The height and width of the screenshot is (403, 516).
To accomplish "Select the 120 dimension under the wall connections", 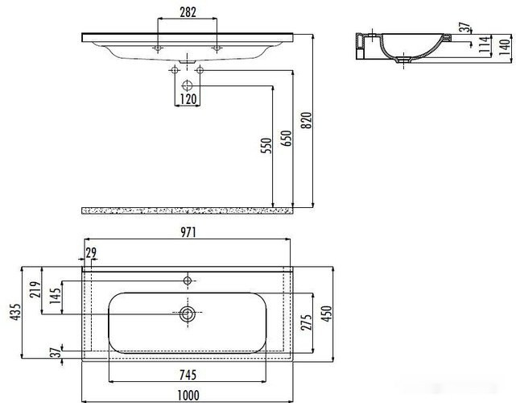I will [x=187, y=100].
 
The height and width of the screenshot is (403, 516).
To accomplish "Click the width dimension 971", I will [x=188, y=232].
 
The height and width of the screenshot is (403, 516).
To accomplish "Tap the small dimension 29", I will [x=91, y=253].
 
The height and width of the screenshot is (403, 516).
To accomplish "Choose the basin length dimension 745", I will [x=188, y=373].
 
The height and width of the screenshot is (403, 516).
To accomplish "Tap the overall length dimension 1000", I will [x=188, y=394].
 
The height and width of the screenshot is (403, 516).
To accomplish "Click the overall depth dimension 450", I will [x=327, y=314].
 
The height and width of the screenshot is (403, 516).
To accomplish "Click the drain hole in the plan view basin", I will [x=188, y=314].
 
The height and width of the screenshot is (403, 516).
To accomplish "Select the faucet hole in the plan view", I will [x=188, y=280].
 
